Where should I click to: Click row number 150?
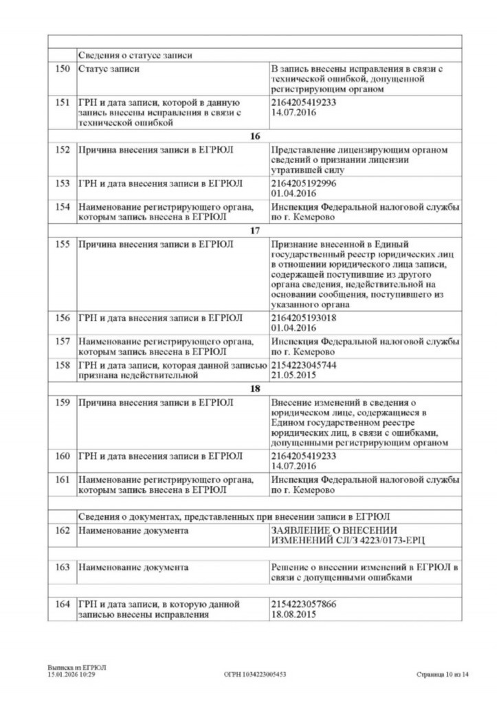pyautogui.click(x=62, y=69)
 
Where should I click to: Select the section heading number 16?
pyautogui.click(x=254, y=136)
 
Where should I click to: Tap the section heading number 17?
pyautogui.click(x=254, y=230)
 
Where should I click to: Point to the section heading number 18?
pyautogui.click(x=254, y=388)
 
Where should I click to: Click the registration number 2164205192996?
pyautogui.click(x=304, y=183)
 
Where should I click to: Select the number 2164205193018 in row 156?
pyautogui.click(x=304, y=318)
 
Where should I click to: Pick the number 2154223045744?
pyautogui.click(x=304, y=364)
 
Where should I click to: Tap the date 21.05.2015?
pyautogui.click(x=294, y=375)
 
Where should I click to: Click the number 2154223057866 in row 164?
pyautogui.click(x=304, y=604)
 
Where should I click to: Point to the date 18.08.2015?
pyautogui.click(x=294, y=615)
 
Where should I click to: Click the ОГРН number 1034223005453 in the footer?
pyautogui.click(x=255, y=674)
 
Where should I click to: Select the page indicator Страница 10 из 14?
pyautogui.click(x=442, y=674)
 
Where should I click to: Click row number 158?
pyautogui.click(x=62, y=364)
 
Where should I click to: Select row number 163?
pyautogui.click(x=62, y=567)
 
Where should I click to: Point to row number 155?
pyautogui.click(x=62, y=244)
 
